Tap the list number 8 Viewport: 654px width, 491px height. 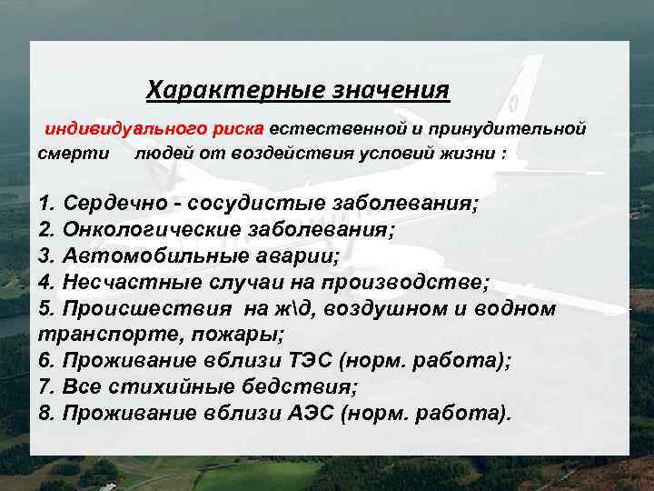[x=46, y=414]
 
